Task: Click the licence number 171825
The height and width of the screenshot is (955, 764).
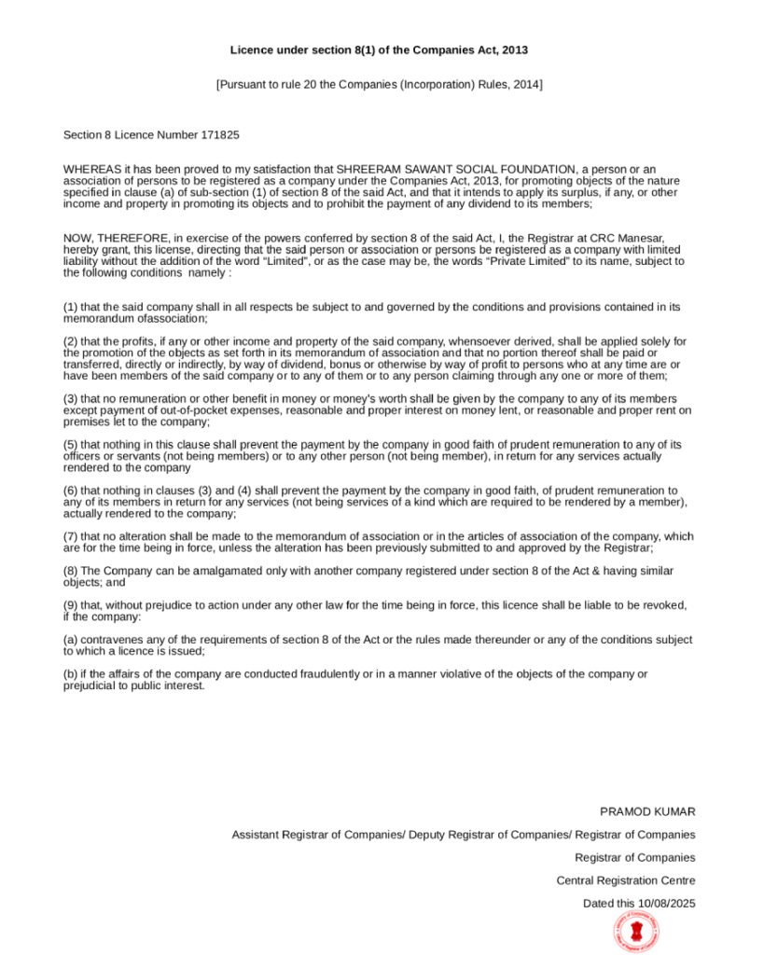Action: tap(220, 135)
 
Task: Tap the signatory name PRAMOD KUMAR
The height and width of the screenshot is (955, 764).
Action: tap(647, 812)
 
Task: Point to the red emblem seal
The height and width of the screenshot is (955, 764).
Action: tap(635, 931)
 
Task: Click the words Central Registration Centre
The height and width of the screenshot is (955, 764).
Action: tap(625, 880)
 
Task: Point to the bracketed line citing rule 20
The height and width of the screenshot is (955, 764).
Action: tap(379, 85)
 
